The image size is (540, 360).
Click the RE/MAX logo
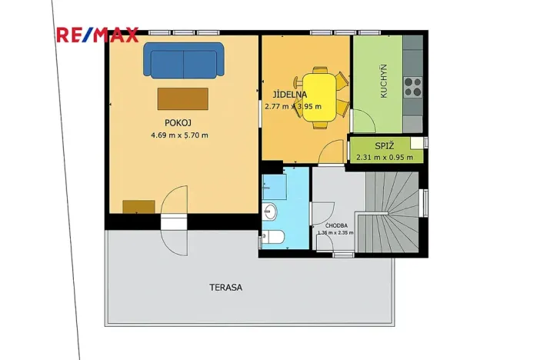pyautogui.click(x=97, y=35)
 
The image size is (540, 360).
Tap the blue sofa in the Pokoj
pyautogui.click(x=183, y=60)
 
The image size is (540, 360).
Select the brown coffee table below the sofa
pyautogui.click(x=182, y=98)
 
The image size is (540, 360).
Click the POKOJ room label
pyautogui.click(x=177, y=122)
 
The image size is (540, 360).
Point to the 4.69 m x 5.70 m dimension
pyautogui.click(x=179, y=135)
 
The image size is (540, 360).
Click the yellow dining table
pyautogui.click(x=318, y=96)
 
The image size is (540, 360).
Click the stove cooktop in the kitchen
pyautogui.click(x=412, y=85)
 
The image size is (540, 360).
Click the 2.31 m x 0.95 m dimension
pyautogui.click(x=384, y=158)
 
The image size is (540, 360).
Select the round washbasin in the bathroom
pyautogui.click(x=270, y=209)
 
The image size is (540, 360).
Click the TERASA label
pyautogui.click(x=225, y=287)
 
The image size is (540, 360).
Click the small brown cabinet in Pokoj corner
pyautogui.click(x=138, y=206)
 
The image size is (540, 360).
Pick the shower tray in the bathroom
pyautogui.click(x=274, y=184)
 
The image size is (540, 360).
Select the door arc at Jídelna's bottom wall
pyautogui.click(x=332, y=153)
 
